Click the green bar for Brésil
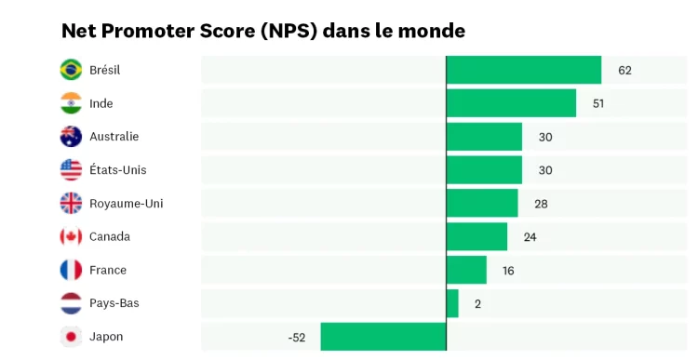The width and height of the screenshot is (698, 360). [x=524, y=70]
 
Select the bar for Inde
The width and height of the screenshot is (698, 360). [x=511, y=103]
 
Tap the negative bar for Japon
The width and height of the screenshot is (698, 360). [x=383, y=337]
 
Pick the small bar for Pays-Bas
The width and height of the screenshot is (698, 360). [x=452, y=303]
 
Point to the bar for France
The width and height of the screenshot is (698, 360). [x=466, y=270]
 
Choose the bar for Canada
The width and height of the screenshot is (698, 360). [x=477, y=236]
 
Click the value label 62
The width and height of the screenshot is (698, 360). [x=624, y=70]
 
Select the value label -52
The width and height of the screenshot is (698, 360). [x=297, y=337]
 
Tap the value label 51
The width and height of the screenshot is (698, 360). [x=598, y=103]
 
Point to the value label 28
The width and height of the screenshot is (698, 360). [x=541, y=204]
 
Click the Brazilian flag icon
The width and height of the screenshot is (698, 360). [x=71, y=70]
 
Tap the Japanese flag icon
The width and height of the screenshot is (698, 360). [x=71, y=337]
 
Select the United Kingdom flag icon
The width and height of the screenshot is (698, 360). [x=71, y=203]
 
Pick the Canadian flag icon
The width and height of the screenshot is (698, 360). [x=71, y=236]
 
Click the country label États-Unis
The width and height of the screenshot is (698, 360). [x=117, y=170]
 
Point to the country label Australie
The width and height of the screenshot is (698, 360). [x=114, y=137]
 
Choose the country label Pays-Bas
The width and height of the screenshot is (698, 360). [x=114, y=303]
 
